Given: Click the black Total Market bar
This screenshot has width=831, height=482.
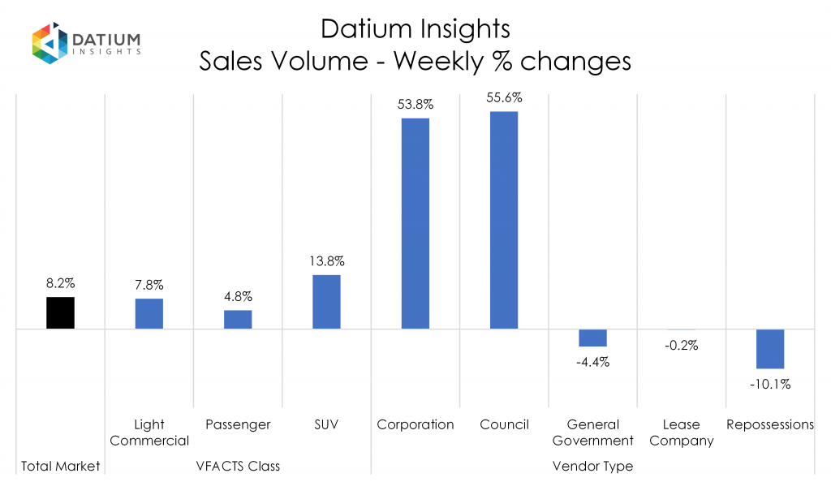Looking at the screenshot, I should (60, 313).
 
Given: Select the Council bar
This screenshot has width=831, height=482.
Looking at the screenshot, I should (504, 220).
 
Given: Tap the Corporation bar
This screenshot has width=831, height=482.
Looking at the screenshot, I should (415, 223).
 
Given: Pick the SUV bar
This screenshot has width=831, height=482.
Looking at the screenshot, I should (326, 302).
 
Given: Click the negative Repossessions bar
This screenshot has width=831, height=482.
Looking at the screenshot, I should (769, 349).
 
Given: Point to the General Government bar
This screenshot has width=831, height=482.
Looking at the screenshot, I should (592, 338).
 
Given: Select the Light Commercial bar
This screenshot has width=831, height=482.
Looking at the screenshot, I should (149, 314).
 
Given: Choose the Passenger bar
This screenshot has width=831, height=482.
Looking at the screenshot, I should (238, 320).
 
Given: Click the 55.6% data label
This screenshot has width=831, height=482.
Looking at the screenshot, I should (504, 97).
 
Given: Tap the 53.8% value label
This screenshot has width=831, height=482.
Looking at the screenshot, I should (415, 105).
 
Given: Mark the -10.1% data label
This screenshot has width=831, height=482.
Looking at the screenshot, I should (770, 384).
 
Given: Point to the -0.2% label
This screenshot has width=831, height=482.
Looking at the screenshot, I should (681, 345).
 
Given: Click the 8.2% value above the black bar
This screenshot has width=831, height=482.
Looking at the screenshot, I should (60, 284).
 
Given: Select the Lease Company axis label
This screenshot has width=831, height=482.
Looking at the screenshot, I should (681, 433).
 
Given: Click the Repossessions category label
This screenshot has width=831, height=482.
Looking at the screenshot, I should (770, 424).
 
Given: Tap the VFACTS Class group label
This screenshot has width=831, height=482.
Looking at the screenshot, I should (238, 466).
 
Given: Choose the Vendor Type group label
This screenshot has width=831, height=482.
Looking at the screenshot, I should (592, 466).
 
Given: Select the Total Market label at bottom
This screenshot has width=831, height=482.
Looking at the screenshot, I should (60, 466).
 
